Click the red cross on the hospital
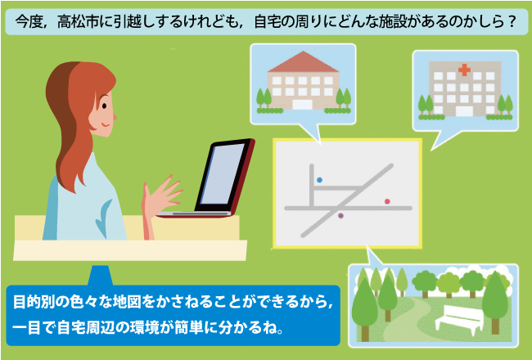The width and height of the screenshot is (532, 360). [x=464, y=70]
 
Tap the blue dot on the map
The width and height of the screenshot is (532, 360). [x=319, y=180]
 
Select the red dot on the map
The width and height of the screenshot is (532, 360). [x=387, y=201]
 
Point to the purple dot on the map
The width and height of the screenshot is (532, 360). [x=340, y=215]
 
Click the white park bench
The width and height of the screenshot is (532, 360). [x=459, y=318]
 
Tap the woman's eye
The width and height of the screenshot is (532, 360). [x=104, y=106]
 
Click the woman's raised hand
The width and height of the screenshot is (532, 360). [x=160, y=196]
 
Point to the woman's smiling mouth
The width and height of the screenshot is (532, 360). [x=106, y=125]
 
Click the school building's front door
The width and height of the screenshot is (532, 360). [x=302, y=105]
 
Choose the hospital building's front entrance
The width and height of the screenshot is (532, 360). [x=464, y=111]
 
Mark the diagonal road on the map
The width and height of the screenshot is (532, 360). [x=347, y=201]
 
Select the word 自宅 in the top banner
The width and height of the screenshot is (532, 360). [x=268, y=22]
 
